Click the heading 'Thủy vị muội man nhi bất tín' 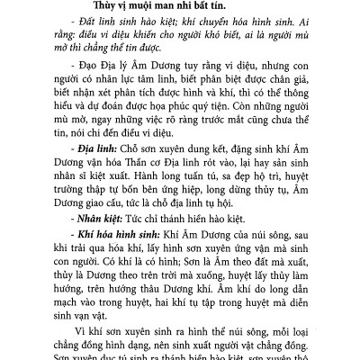point(180,9)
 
